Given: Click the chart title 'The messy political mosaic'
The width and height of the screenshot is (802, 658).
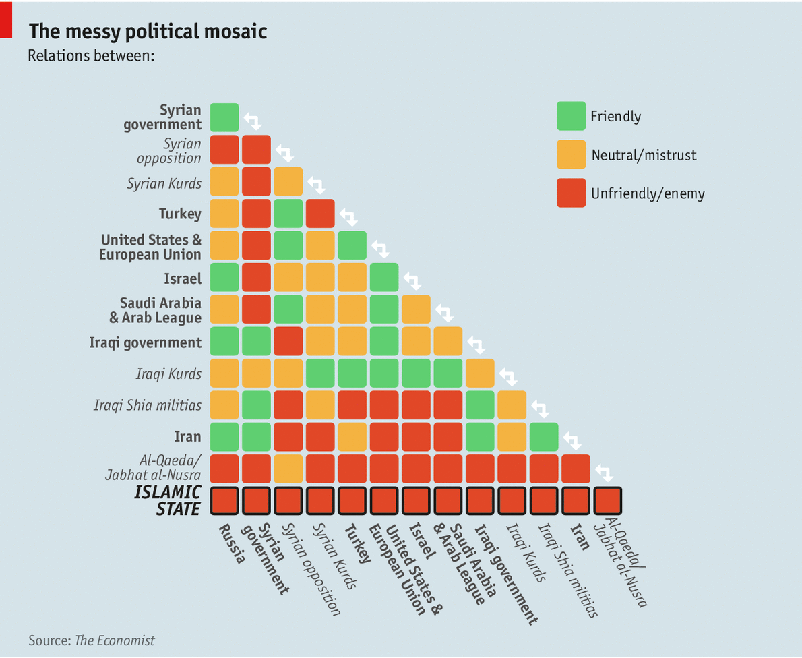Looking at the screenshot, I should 148,32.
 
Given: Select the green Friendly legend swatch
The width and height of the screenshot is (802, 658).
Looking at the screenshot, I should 571,116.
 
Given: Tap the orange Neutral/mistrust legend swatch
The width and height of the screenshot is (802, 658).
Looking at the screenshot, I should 571,155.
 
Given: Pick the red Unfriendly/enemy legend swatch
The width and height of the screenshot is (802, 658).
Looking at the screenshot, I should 571,193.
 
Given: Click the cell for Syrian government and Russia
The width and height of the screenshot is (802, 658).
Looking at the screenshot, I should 224,117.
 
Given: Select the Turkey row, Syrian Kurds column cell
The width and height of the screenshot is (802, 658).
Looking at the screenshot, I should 320,213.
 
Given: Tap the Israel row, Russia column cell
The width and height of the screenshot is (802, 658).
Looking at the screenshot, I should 224,277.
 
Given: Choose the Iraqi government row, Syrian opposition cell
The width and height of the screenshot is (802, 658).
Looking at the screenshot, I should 288,341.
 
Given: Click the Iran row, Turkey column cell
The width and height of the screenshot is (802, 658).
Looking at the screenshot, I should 352,437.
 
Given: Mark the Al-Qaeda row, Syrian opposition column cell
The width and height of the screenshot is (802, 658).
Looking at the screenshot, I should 288,469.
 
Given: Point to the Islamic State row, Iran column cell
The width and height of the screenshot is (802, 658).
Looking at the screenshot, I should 576,501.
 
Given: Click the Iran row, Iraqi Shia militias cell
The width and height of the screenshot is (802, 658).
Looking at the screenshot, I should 544,437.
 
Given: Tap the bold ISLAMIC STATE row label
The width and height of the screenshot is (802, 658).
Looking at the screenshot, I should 168,500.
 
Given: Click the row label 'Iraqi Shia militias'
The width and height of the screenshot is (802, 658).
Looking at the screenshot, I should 148,405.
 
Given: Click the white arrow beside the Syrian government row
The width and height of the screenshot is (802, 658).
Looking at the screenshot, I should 253,121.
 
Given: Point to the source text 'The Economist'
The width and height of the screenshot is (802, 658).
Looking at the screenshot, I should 115,640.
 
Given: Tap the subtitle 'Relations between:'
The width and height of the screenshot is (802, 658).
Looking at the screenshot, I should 92,55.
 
